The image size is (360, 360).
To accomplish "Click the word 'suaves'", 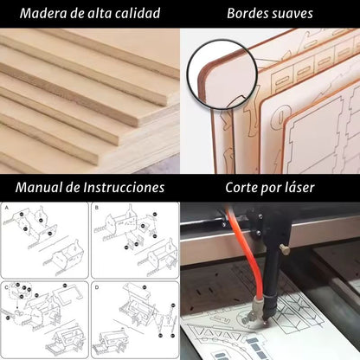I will [292, 14].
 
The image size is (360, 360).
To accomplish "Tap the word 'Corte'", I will [243, 187].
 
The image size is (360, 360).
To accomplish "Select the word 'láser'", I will [297, 187].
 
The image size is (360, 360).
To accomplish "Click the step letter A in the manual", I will [8, 209].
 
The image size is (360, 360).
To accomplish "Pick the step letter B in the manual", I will [97, 209].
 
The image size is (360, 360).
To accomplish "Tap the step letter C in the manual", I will [8, 286].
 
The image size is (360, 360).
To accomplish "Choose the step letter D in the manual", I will [97, 286].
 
